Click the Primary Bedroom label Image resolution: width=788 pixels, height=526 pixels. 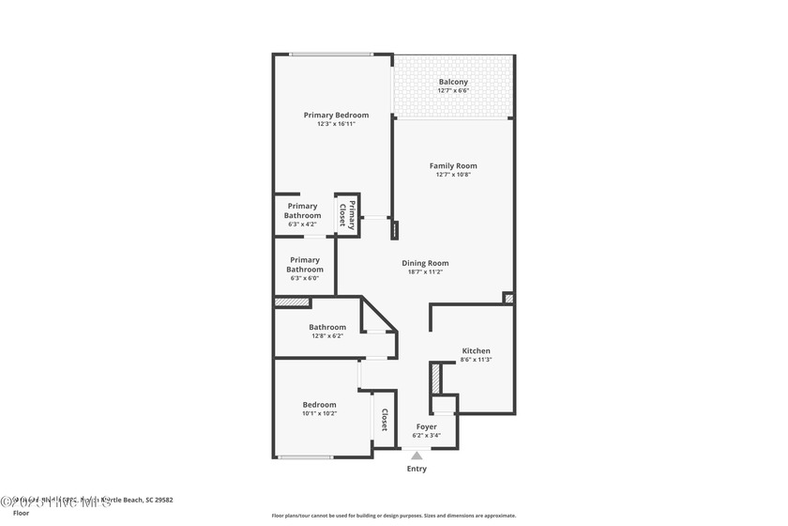[336, 115]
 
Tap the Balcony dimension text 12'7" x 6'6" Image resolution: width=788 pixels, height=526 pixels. [453, 90]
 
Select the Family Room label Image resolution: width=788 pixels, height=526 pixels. [453, 165]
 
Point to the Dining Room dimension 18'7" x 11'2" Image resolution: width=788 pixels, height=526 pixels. [425, 271]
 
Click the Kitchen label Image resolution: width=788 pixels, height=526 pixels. [476, 350]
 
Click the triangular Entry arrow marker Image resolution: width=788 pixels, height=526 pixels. [417, 456]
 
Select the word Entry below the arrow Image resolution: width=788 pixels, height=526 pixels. [417, 469]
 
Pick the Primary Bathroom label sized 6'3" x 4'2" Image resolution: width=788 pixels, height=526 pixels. [303, 210]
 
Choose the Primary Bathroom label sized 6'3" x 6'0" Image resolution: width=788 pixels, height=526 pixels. [305, 265]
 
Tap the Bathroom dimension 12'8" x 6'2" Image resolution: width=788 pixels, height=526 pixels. [327, 335]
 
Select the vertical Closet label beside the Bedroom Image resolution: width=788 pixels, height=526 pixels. [385, 421]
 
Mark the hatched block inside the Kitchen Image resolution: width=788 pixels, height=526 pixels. [435, 379]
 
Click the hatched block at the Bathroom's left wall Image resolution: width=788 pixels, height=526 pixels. [292, 302]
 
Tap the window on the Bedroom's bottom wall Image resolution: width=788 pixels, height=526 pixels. [305, 457]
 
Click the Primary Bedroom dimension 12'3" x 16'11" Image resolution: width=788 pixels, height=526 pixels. [336, 124]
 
